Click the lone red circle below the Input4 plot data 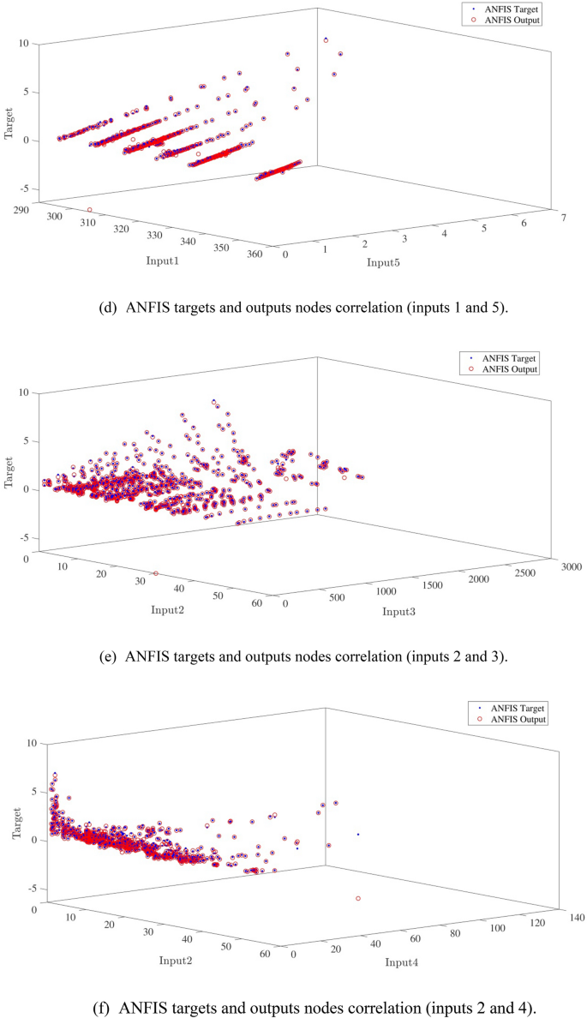click(x=358, y=898)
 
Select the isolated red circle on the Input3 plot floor click(x=155, y=573)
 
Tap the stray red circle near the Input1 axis click(x=89, y=210)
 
